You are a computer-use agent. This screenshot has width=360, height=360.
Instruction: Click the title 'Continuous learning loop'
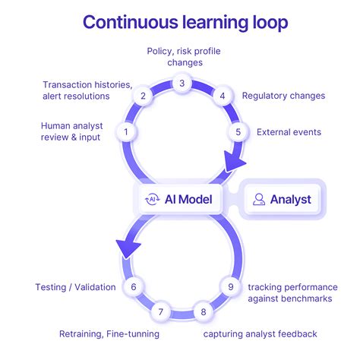185,21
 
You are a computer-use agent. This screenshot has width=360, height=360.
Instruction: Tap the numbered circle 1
126,132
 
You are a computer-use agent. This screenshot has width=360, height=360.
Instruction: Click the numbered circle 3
182,83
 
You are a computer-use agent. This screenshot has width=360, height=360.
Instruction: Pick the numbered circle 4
222,96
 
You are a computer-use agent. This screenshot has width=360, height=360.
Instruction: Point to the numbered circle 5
238,132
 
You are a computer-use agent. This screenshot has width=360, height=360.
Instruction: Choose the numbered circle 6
134,287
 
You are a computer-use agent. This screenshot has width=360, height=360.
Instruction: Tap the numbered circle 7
160,311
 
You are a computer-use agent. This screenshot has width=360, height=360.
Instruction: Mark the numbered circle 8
203,311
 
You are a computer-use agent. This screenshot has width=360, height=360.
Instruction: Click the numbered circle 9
230,287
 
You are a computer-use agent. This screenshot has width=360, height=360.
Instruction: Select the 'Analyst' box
283,200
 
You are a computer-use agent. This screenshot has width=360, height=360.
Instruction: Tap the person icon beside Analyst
260,200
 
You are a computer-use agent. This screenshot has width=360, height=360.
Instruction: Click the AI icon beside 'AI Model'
152,200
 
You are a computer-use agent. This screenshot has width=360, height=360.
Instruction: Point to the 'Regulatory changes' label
283,96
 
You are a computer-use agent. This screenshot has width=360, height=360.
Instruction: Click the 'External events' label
289,132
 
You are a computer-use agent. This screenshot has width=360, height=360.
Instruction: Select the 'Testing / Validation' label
75,287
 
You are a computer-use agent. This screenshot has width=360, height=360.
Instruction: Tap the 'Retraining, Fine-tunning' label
109,333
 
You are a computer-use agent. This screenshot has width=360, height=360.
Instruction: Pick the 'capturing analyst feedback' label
260,333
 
